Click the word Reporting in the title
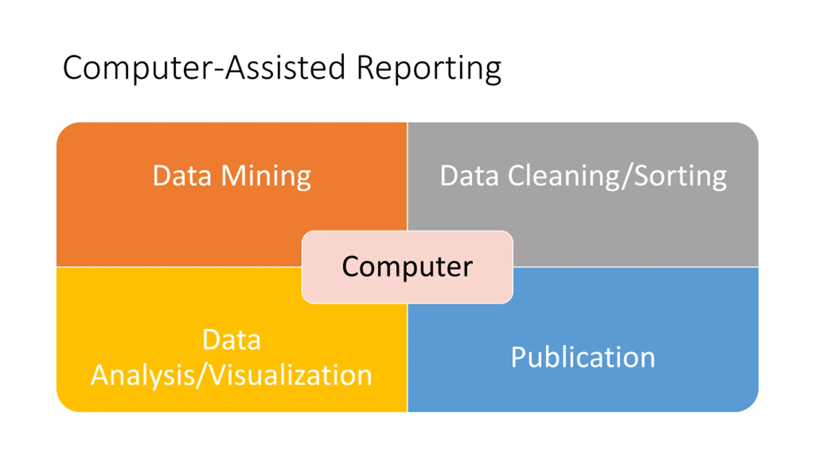point(429,68)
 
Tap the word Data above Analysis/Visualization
point(231,340)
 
